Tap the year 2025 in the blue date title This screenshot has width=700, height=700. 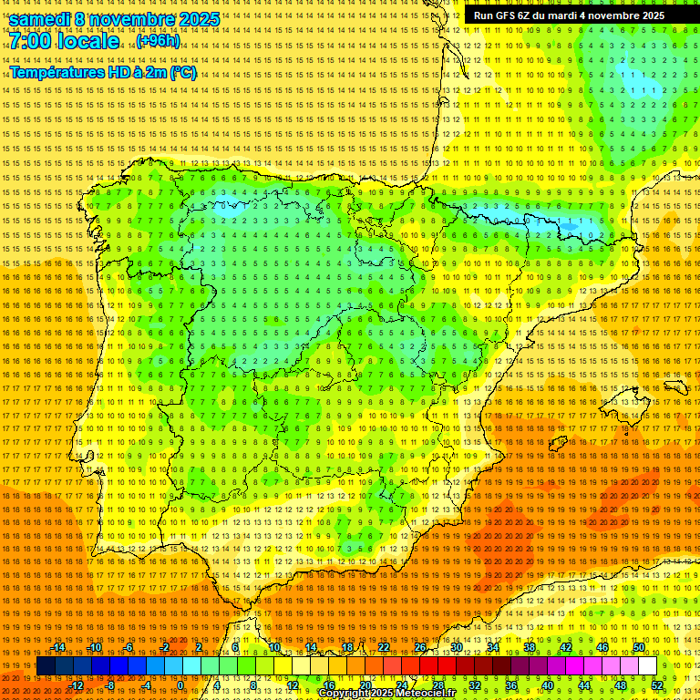(194, 19)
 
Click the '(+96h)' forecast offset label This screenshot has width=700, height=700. (158, 41)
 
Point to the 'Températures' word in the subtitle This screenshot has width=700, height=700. (57, 72)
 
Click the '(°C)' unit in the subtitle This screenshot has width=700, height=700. (182, 72)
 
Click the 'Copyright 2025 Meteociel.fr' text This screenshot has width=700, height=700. (386, 693)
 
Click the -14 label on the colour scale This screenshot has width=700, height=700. (58, 647)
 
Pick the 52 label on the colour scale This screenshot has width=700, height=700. (656, 685)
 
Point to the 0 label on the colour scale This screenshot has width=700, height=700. (180, 685)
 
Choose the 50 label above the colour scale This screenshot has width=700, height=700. (639, 647)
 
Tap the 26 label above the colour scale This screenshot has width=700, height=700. (420, 647)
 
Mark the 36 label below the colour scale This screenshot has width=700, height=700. (510, 685)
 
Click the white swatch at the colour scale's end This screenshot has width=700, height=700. (647, 666)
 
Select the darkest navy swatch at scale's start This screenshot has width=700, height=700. (46, 666)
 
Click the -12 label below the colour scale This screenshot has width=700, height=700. (77, 685)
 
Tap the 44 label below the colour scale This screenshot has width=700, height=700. (583, 685)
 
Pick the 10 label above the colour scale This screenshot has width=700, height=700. (273, 647)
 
